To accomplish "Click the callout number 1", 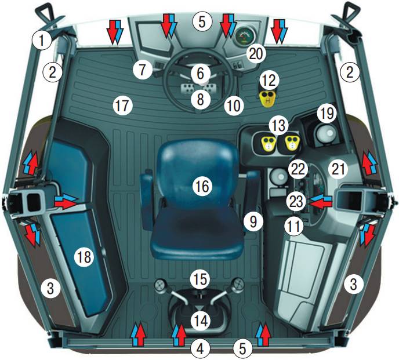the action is [x=42, y=40].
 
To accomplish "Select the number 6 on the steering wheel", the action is [x=201, y=73].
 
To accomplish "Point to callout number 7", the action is [x=143, y=70].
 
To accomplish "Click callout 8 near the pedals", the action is [x=201, y=99].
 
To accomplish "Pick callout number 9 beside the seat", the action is [x=253, y=221].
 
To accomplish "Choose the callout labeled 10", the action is [x=234, y=105].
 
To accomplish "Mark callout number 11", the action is [x=294, y=226].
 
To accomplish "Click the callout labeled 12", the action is [x=269, y=81].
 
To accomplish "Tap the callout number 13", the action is [x=279, y=125].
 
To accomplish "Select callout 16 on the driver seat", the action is [x=202, y=186].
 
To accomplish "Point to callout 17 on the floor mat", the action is [x=122, y=105].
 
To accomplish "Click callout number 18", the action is [x=84, y=257].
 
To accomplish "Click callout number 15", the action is [x=201, y=279].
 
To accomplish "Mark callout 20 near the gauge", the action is [x=256, y=54].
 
